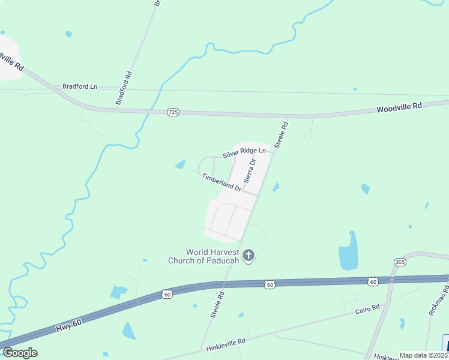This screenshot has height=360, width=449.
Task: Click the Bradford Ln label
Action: [x=80, y=86]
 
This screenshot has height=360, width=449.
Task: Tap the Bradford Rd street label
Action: [x=123, y=88]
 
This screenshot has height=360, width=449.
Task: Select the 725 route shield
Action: [x=173, y=112]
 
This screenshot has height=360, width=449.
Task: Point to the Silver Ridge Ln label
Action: [x=244, y=153]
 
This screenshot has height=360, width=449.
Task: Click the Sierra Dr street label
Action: [x=250, y=171]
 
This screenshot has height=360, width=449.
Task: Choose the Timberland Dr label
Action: [x=221, y=182]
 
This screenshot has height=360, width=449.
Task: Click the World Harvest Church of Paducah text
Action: [x=212, y=256]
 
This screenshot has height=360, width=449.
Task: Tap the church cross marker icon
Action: [x=249, y=256]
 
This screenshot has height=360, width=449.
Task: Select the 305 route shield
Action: [x=400, y=262]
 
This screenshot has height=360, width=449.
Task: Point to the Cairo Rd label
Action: [x=367, y=308]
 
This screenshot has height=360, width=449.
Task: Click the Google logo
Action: [x=20, y=353]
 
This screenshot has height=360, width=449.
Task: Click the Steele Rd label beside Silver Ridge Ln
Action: [x=282, y=135]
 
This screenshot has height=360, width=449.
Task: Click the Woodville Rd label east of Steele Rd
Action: [x=399, y=107]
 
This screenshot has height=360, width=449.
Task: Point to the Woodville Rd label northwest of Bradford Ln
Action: [x=12, y=61]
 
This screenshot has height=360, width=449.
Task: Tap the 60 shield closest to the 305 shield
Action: [x=373, y=281]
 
